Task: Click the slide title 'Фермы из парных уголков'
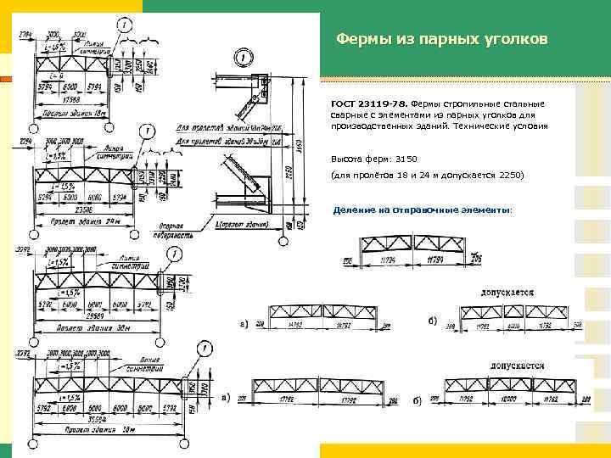click(441, 39)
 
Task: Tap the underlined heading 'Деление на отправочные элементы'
click(422, 209)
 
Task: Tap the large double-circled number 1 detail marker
click(244, 58)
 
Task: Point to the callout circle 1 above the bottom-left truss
click(206, 348)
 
